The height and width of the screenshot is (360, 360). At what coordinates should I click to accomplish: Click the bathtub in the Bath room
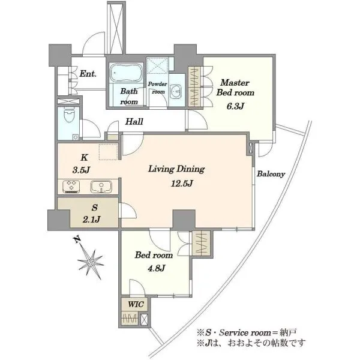click(x=126, y=73)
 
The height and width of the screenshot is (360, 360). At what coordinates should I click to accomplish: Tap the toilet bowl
click(x=69, y=115)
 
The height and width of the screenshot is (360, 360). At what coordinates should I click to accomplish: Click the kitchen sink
click(x=101, y=187)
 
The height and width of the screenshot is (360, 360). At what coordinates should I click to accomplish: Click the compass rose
click(x=91, y=262)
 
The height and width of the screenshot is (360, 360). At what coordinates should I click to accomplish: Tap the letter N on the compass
click(x=77, y=239)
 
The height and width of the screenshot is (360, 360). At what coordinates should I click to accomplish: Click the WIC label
click(x=136, y=304)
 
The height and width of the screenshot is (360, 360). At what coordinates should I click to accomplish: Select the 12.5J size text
click(x=182, y=183)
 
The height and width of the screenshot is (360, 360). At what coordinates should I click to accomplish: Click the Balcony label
click(x=271, y=174)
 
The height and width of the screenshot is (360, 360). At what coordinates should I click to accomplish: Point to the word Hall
click(x=134, y=121)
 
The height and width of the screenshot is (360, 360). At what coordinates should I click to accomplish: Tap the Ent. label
click(x=88, y=74)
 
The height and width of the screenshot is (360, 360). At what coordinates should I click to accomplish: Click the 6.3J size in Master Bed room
click(x=235, y=106)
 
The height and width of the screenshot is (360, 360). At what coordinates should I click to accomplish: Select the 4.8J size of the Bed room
click(x=157, y=268)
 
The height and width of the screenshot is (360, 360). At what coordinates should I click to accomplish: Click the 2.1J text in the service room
click(x=91, y=220)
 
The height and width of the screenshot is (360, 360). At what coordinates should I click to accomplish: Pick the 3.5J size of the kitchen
click(x=81, y=170)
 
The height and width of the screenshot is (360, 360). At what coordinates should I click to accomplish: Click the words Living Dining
click(x=176, y=169)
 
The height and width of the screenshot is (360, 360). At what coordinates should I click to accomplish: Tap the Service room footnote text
click(x=247, y=332)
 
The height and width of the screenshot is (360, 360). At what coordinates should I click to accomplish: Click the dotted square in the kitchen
click(x=109, y=152)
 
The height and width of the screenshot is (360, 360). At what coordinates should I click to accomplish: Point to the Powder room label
click(x=157, y=88)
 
